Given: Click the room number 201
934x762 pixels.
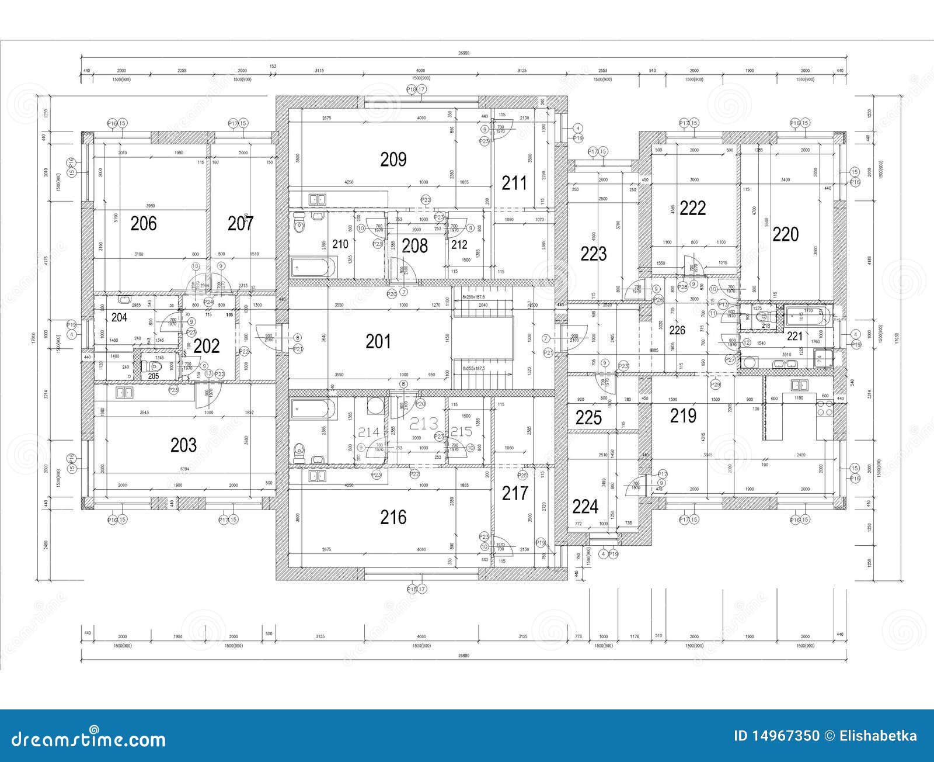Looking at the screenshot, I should (378, 341).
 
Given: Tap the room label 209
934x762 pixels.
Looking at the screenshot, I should (393, 159).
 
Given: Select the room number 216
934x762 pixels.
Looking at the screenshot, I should (393, 517).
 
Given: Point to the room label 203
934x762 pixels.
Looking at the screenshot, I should (183, 445).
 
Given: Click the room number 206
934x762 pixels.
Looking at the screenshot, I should (143, 223).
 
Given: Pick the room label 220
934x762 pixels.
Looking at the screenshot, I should (785, 235).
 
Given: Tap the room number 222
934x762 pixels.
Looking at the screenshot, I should (693, 208).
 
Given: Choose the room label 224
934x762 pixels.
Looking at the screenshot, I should (585, 506).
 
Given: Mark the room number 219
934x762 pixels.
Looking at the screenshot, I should (683, 416).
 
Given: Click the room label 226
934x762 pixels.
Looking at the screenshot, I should (677, 331).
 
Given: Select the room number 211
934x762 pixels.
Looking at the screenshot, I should (514, 183).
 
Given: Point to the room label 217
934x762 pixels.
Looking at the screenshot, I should (514, 494).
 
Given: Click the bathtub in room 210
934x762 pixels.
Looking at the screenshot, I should (313, 268).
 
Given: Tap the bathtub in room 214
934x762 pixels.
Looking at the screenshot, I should (313, 410).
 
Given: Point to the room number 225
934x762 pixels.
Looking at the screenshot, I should (588, 418).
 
